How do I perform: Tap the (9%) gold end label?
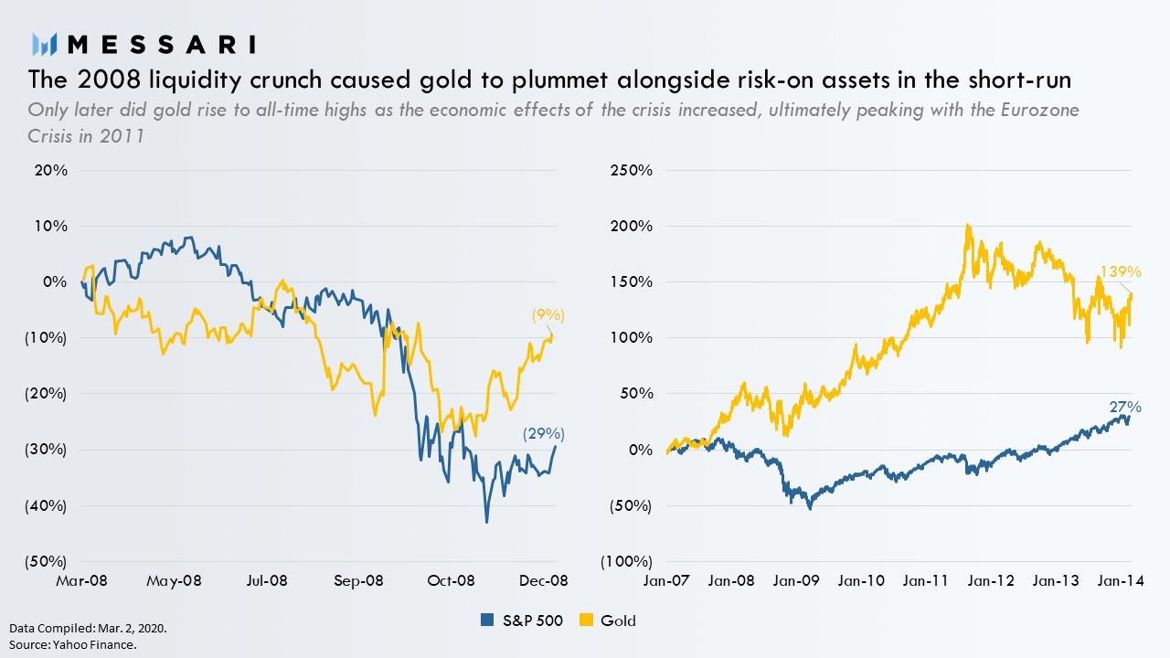tap(548, 315)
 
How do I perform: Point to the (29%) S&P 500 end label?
tap(543, 434)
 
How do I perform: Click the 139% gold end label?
tap(1121, 271)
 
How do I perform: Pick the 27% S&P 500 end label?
tap(1126, 408)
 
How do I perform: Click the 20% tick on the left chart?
tap(51, 170)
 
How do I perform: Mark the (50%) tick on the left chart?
tap(47, 561)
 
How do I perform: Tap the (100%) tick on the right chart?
tap(627, 561)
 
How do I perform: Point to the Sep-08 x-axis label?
tap(359, 580)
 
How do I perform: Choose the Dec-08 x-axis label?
tap(545, 580)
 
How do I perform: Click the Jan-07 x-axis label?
tap(666, 580)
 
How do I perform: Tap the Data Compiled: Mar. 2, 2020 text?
tap(89, 630)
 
